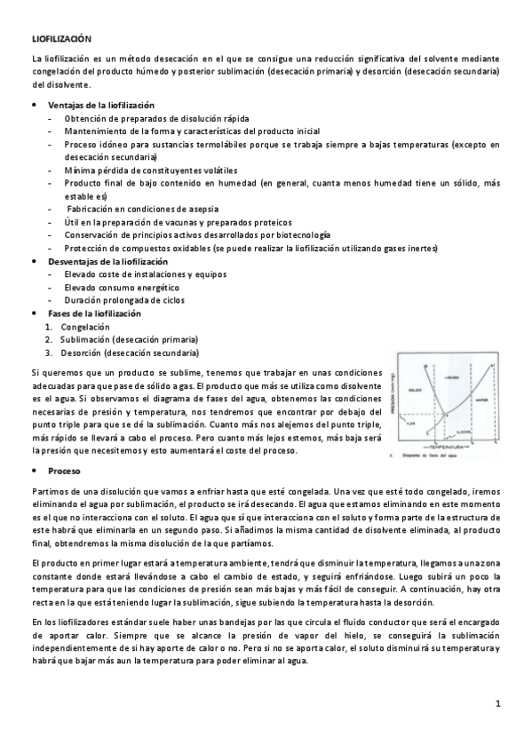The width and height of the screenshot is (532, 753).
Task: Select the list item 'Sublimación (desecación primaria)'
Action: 128,339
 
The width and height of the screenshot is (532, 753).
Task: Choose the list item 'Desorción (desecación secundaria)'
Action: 130,352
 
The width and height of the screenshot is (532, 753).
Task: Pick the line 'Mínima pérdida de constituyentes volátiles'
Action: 150,170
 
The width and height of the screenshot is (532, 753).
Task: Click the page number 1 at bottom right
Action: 499,703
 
